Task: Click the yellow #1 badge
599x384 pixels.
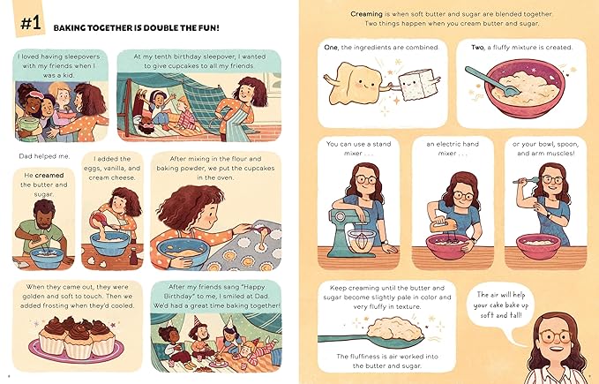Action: click(33, 24)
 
